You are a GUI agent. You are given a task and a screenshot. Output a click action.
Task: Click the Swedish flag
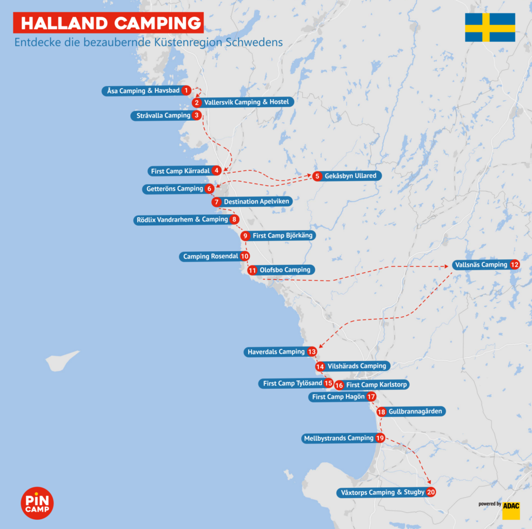click(x=490, y=27)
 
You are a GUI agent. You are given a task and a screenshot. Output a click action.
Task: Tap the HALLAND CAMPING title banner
click(x=108, y=23)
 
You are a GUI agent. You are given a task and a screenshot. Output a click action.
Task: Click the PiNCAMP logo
click(x=37, y=503)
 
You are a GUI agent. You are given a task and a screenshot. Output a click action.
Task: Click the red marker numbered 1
click(x=186, y=90)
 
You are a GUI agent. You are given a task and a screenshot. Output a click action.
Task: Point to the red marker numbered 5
click(x=317, y=176)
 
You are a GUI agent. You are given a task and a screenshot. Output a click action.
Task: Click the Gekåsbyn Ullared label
click(x=350, y=176)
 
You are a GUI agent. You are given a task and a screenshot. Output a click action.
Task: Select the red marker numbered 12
click(x=514, y=265)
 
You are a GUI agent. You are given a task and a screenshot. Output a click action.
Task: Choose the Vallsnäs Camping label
click(x=480, y=265)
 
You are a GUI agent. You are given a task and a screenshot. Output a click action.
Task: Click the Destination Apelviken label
click(x=257, y=201)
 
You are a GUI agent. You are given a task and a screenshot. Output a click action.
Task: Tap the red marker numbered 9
click(x=245, y=236)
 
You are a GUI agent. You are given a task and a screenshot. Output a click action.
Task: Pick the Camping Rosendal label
click(x=210, y=256)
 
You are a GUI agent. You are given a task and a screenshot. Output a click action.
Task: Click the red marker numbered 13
click(x=311, y=352)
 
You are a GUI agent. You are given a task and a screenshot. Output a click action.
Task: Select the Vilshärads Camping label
click(x=357, y=366)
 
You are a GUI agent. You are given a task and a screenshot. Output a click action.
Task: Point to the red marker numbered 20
click(x=430, y=492)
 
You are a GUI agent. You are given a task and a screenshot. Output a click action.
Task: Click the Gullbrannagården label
click(x=415, y=412)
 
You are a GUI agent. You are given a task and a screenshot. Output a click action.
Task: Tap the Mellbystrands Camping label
click(x=338, y=438)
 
